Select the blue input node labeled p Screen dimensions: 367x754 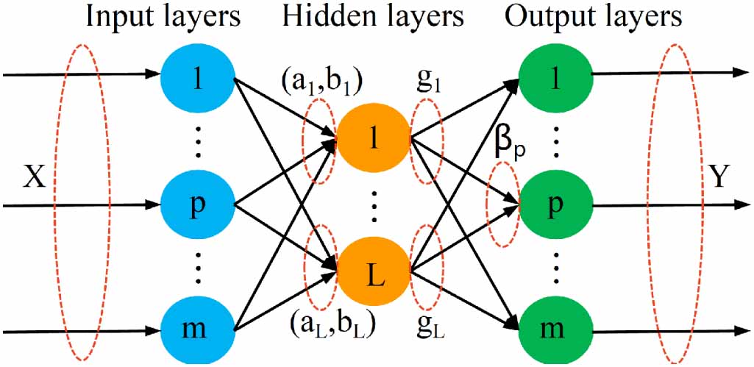[196, 204]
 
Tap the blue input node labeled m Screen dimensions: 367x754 [196, 324]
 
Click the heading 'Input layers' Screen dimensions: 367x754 [163, 17]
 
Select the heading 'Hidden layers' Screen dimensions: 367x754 [374, 17]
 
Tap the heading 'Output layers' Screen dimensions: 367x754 [592, 17]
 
